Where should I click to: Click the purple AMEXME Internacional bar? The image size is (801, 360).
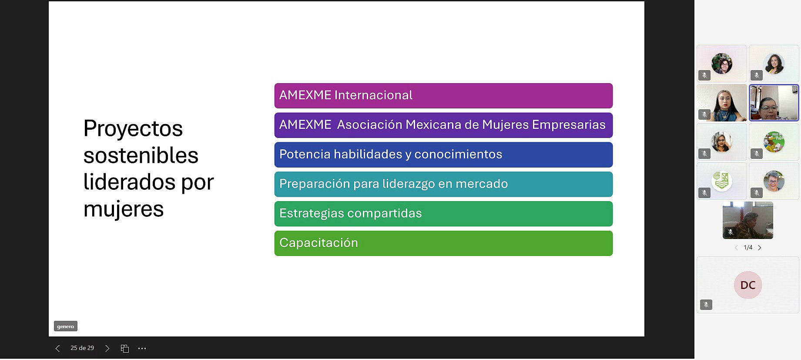click(443, 96)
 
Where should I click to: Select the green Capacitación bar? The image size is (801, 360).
click(443, 243)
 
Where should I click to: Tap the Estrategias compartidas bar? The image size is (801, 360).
click(443, 214)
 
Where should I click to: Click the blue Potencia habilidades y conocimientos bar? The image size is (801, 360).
click(443, 155)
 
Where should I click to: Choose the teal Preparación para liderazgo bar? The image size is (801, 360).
click(443, 184)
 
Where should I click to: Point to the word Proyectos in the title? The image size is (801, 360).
click(133, 129)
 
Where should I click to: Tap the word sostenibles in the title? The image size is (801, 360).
click(141, 155)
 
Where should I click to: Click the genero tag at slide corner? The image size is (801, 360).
click(66, 326)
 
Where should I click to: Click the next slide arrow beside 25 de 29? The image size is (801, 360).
click(107, 348)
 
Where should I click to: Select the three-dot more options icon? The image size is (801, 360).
click(142, 348)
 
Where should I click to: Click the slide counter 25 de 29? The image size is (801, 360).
click(82, 348)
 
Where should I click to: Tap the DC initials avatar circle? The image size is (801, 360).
click(748, 285)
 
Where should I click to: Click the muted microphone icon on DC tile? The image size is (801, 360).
click(706, 305)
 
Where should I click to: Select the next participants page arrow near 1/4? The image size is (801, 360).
click(760, 248)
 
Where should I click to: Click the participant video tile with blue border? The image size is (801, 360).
click(774, 103)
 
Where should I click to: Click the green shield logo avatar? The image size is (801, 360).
click(722, 181)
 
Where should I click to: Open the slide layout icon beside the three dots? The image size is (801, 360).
click(125, 348)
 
